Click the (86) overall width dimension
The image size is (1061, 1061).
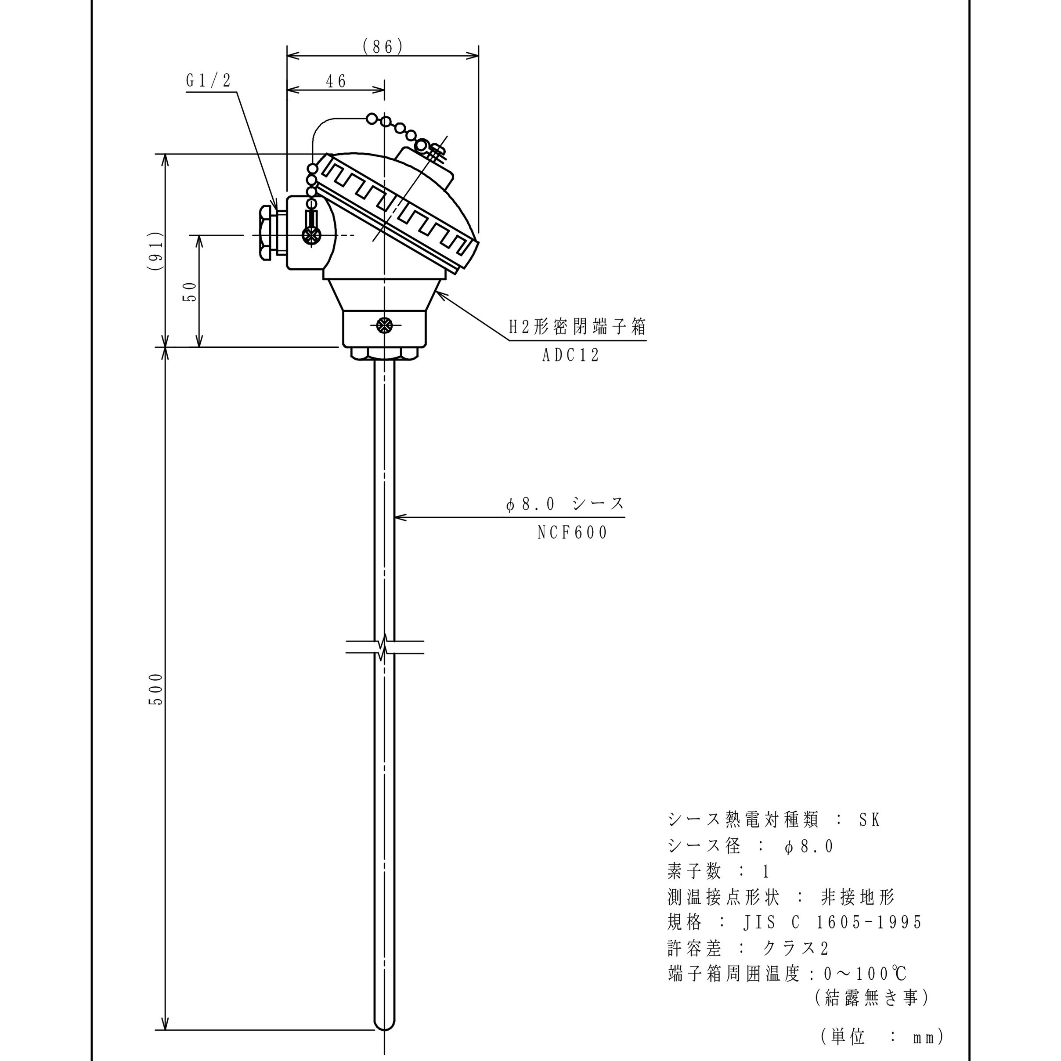pos(383,47)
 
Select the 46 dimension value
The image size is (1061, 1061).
pos(336,81)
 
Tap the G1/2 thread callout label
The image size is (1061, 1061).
pos(209,81)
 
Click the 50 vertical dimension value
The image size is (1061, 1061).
pos(189,291)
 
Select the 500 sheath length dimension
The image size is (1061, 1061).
pos(156,689)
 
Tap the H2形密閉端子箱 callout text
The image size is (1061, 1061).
pos(577,327)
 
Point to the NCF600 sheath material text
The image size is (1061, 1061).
pos(573,533)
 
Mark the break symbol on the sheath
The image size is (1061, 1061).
pos(384,647)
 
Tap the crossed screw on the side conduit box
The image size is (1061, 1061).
pos(311,235)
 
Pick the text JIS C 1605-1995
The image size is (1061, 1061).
pos(833,923)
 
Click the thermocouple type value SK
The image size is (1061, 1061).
pos(870,820)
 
